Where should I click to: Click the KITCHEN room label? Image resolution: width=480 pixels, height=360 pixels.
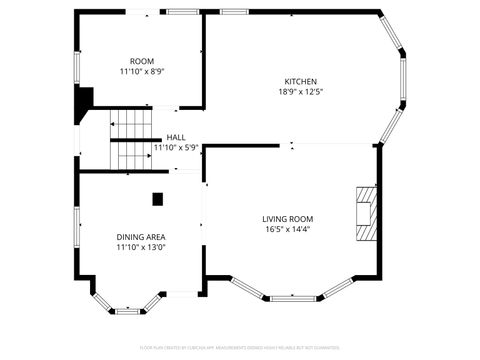click(x=300, y=81)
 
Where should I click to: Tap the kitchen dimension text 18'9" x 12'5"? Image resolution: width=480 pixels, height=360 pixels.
click(x=300, y=92)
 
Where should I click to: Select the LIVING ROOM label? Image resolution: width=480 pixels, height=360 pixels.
click(x=288, y=219)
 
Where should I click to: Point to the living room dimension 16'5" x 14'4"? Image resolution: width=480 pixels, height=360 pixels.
click(x=288, y=230)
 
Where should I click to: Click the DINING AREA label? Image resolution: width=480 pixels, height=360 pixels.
click(x=141, y=236)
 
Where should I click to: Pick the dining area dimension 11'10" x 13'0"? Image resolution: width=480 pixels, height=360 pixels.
click(x=141, y=247)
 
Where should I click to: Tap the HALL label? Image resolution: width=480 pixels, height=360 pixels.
click(x=176, y=137)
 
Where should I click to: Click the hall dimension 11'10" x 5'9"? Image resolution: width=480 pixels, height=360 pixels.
click(x=176, y=148)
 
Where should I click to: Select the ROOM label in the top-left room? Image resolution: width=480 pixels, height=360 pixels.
click(x=141, y=61)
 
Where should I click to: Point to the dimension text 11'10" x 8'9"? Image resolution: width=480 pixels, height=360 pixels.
click(x=141, y=72)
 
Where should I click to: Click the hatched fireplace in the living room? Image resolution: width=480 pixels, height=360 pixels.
click(x=367, y=214)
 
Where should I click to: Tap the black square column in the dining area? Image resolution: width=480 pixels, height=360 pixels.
click(x=157, y=198)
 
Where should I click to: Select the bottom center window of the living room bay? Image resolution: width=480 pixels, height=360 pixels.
click(x=294, y=298)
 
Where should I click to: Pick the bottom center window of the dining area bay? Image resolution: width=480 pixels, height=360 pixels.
click(x=128, y=311)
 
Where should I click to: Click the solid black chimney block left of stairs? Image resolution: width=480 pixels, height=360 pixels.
click(x=83, y=103)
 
